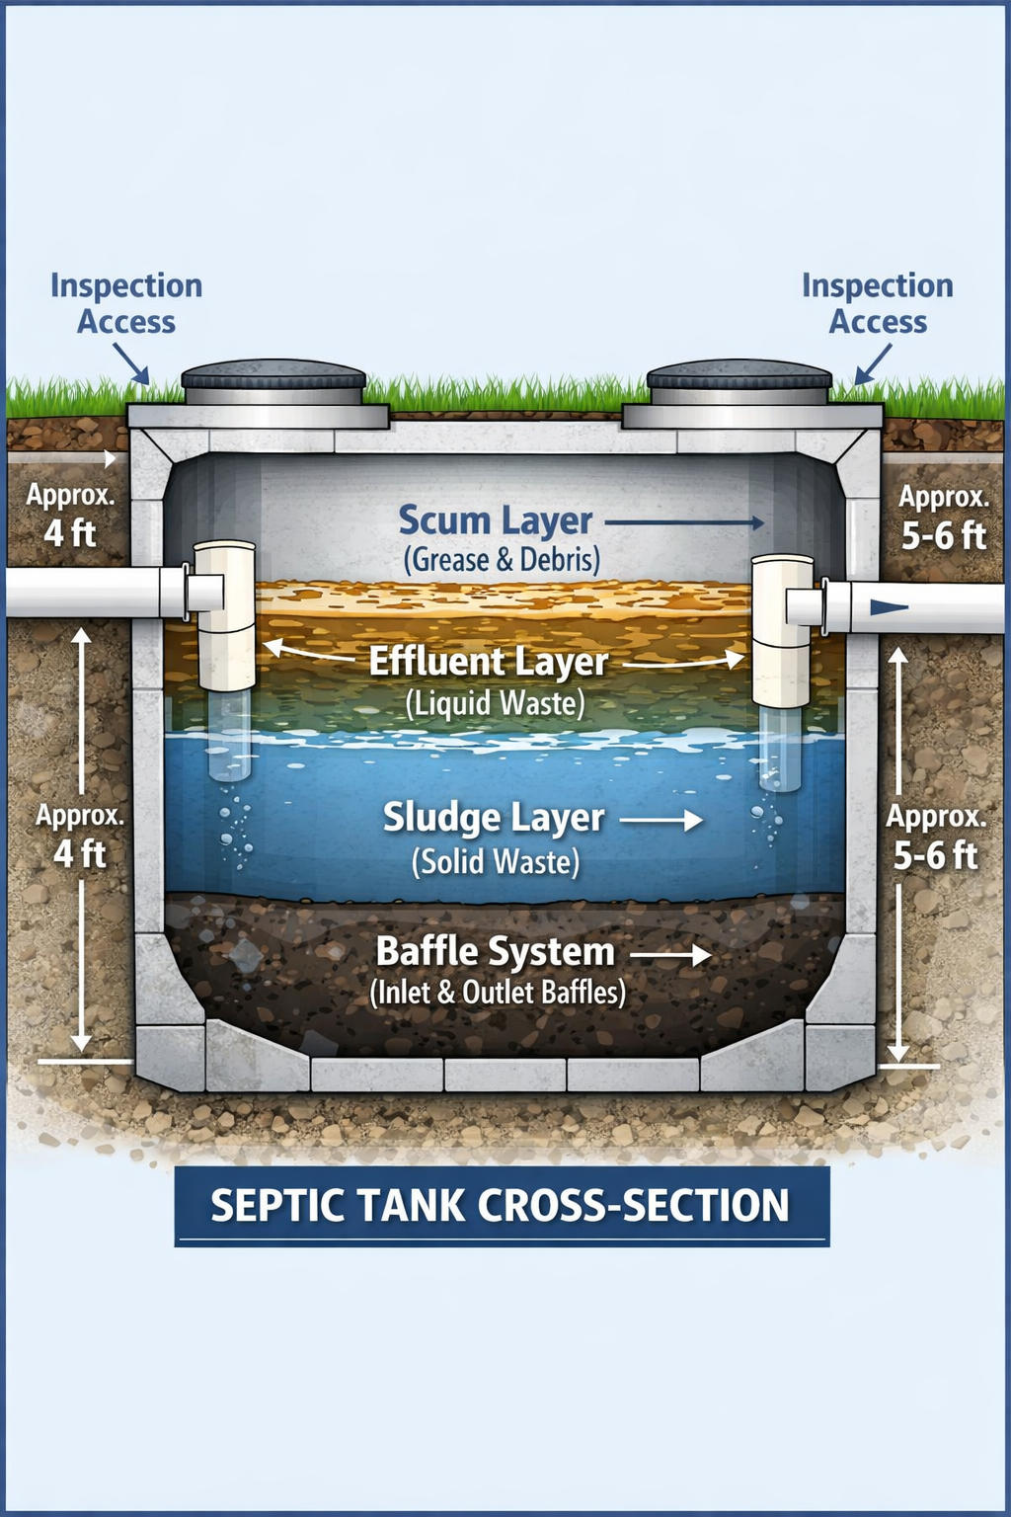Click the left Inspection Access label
(x=126, y=304)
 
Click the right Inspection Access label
(x=878, y=304)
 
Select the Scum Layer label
(x=495, y=520)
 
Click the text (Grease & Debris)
(x=502, y=560)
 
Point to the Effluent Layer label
(x=489, y=662)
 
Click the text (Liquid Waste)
(x=496, y=703)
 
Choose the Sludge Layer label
(x=493, y=818)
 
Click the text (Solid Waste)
(x=496, y=861)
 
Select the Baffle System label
(x=496, y=952)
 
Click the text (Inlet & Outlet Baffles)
(x=498, y=993)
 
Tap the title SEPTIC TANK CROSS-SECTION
(x=501, y=1206)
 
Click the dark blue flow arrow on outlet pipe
(x=888, y=607)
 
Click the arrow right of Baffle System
(x=671, y=955)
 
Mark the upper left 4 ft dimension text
(x=70, y=533)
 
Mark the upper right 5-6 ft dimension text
(x=944, y=535)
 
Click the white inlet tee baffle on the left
(x=226, y=614)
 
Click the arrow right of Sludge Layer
(x=661, y=820)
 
